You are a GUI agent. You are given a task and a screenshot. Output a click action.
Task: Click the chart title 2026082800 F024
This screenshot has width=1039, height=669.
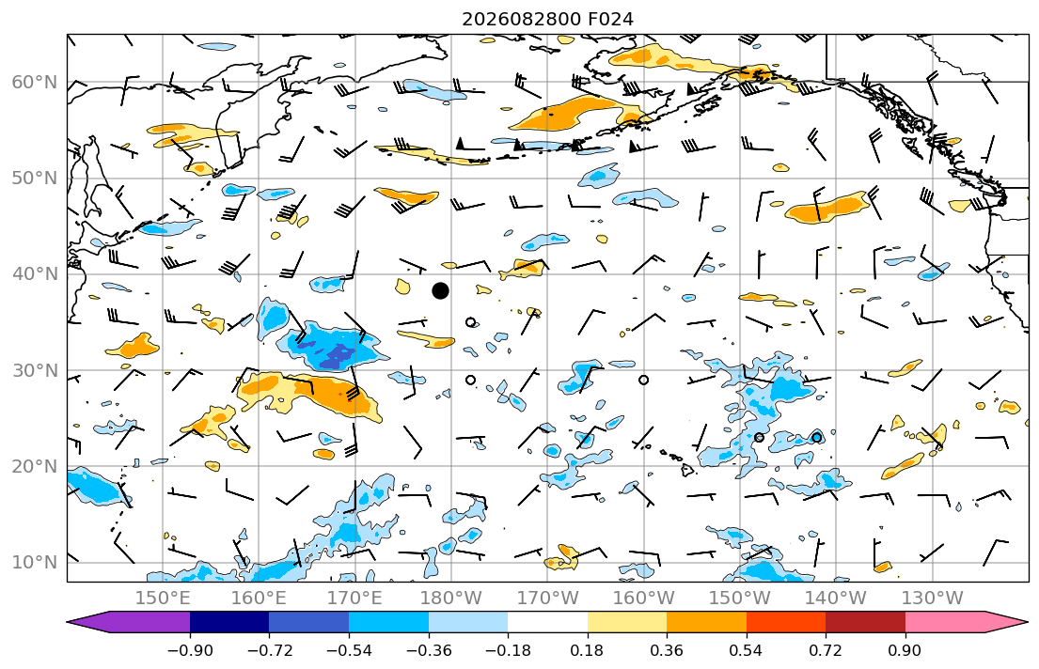tap(547, 19)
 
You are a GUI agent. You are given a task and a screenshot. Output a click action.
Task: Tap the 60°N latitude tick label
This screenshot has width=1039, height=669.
tap(35, 83)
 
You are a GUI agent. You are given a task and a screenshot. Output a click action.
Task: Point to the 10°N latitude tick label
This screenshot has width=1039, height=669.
tap(35, 563)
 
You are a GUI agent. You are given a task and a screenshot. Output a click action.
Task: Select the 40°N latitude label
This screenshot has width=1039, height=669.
tap(35, 274)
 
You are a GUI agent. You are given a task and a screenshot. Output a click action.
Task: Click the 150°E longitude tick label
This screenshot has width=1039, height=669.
tap(163, 599)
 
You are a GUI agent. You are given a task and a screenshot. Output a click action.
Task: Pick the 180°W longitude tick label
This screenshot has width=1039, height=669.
tap(451, 599)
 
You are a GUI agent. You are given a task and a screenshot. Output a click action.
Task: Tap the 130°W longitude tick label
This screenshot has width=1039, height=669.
tap(933, 599)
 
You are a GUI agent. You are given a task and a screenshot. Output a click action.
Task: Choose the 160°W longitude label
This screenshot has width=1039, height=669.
tap(643, 599)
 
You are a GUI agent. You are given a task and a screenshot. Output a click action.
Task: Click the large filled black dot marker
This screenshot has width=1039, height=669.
tap(440, 290)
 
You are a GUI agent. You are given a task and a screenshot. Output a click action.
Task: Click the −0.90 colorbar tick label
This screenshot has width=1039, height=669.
tap(190, 650)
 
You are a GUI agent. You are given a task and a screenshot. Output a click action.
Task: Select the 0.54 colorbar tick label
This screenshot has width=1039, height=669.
tap(747, 650)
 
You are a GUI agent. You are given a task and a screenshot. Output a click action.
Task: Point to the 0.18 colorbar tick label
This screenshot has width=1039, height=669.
tap(587, 650)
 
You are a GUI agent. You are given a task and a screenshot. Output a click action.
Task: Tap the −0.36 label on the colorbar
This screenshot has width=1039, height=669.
tap(429, 650)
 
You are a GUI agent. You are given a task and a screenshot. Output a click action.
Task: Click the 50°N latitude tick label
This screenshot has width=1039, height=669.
tap(35, 179)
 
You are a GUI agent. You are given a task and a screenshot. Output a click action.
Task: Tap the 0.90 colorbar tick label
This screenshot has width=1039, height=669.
tap(905, 650)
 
